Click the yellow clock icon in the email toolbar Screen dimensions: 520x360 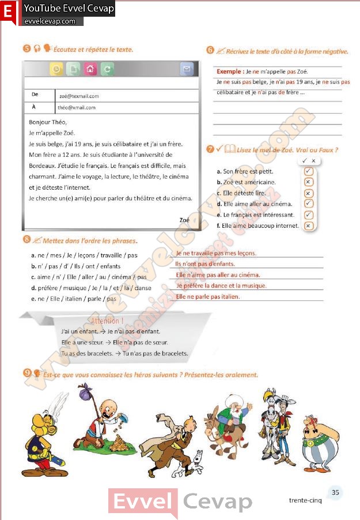point(56,69)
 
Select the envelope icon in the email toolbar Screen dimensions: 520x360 point(185,69)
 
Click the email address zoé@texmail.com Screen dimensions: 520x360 point(78,96)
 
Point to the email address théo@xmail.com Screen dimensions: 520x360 point(77,108)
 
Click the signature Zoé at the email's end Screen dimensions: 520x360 point(184,220)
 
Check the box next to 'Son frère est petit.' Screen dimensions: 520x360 point(308,172)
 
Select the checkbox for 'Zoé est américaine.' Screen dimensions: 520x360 point(308,182)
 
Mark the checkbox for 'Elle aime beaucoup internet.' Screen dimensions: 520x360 point(308,225)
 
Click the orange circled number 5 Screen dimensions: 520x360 point(26,49)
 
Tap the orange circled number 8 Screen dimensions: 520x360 point(26,239)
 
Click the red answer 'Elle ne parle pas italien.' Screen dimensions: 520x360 point(208,297)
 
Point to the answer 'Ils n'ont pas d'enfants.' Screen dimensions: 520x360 point(205,264)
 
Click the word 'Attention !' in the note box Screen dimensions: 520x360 point(107,321)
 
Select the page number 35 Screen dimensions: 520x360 point(335,492)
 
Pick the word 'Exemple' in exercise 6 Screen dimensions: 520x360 point(229,71)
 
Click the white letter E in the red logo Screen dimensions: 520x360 point(9,11)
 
